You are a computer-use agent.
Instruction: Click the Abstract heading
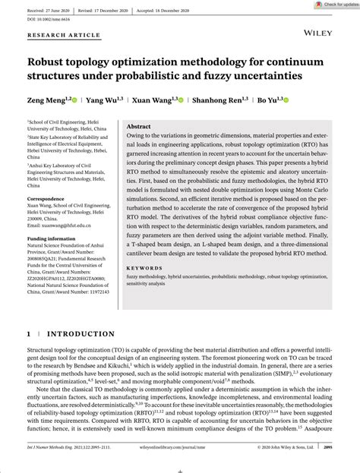point(138,127)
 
